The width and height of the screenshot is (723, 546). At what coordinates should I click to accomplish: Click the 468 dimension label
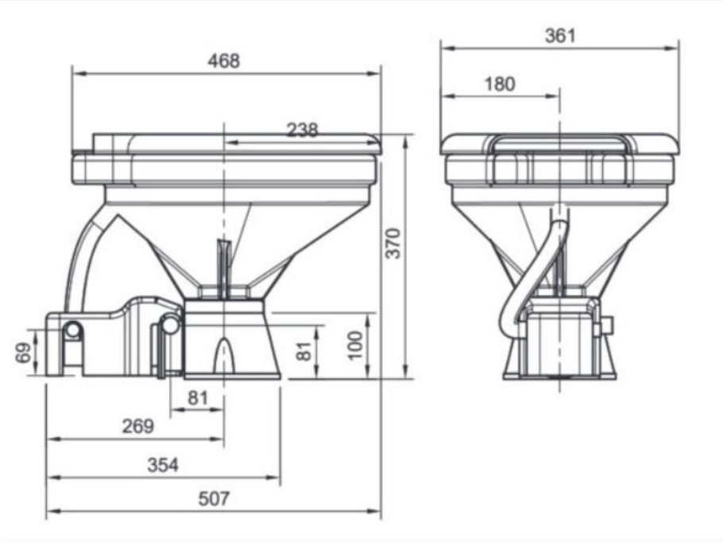tap(223, 61)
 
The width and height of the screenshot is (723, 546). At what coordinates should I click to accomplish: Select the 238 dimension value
tap(303, 130)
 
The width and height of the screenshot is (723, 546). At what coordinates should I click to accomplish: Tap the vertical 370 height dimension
tap(394, 243)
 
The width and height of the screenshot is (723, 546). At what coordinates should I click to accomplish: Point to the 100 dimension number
tap(355, 346)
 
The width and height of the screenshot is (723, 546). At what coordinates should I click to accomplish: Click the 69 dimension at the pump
tap(24, 353)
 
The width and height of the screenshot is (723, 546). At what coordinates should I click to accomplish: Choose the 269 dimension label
tap(138, 426)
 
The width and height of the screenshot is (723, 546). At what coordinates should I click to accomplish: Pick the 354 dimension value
tap(163, 465)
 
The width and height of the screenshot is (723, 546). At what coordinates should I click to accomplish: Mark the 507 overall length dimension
tap(214, 498)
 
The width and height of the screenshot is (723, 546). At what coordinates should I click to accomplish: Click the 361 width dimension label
tap(560, 36)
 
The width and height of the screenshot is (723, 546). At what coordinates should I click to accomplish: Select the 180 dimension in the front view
tap(500, 84)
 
